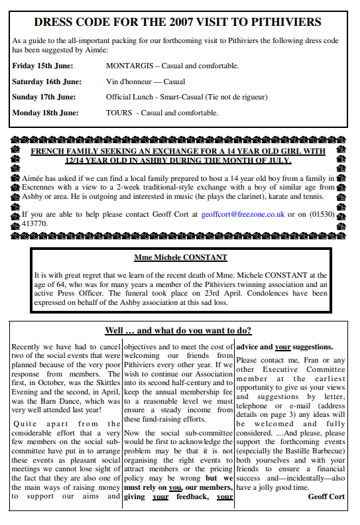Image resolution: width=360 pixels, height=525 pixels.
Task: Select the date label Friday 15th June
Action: (x=42, y=66)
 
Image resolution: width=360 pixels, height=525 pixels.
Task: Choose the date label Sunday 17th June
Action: (x=43, y=97)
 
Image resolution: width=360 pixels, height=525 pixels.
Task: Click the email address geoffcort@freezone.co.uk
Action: (x=243, y=214)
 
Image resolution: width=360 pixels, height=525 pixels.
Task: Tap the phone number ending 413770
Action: (x=34, y=224)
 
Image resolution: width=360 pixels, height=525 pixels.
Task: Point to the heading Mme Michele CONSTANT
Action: (x=180, y=257)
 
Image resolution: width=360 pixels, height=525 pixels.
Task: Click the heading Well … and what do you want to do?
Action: (x=178, y=330)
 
